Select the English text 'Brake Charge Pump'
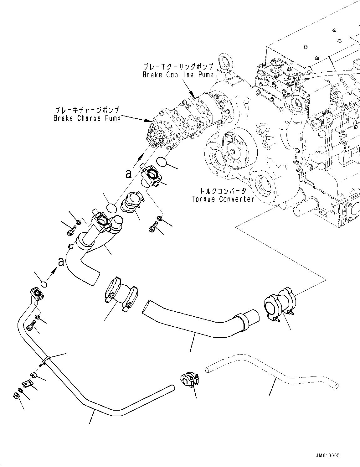(86, 118)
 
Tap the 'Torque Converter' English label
(223, 199)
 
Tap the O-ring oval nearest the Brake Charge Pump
(161, 162)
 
